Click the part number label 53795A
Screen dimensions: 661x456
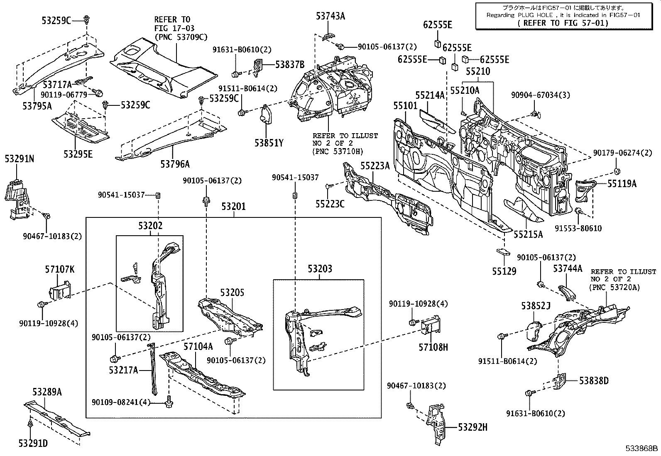[37, 105]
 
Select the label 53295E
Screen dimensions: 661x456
[78, 154]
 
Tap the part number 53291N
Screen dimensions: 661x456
[19, 159]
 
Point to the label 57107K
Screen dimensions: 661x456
[60, 269]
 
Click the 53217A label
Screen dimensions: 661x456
[123, 370]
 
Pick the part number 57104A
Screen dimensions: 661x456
[198, 346]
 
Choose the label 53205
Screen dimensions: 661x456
[232, 292]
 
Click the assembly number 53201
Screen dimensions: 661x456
[233, 206]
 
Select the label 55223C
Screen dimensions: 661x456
[330, 204]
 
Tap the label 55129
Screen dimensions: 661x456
[504, 271]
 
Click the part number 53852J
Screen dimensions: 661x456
[536, 305]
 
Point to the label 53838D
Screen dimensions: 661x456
[594, 380]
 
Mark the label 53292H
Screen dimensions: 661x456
[473, 427]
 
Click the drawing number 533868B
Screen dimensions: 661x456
[642, 449]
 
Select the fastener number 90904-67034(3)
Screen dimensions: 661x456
[541, 95]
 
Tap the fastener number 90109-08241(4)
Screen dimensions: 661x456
[121, 402]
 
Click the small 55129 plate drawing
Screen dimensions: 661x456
[503, 252]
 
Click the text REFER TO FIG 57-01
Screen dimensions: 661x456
[563, 23]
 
